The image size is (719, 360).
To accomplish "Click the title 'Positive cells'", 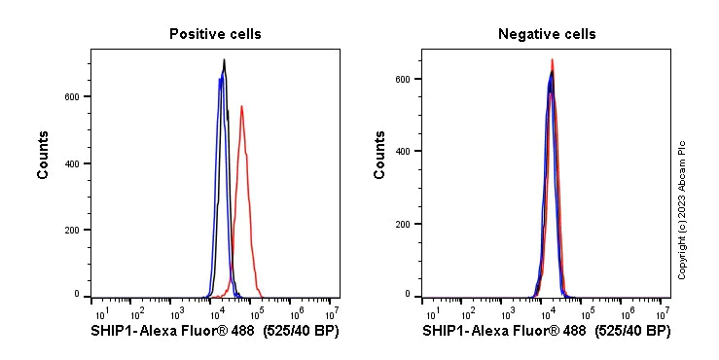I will coord(215,34).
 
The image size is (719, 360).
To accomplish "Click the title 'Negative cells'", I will coord(547,34).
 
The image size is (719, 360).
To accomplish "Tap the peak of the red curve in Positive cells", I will coord(241,106).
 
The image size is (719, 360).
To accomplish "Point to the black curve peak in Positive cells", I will coord(224,60).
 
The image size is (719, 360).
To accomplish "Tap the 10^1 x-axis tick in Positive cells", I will coord(98,312).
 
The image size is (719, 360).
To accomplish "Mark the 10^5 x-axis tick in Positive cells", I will coord(257,312).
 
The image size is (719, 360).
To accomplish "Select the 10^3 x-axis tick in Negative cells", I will coord(509,312).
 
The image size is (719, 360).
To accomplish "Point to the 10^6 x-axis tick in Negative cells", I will coord(628,312).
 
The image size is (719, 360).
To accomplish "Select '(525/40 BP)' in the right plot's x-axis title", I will coord(632,332).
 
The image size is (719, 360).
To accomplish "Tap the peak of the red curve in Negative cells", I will coord(552,59).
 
